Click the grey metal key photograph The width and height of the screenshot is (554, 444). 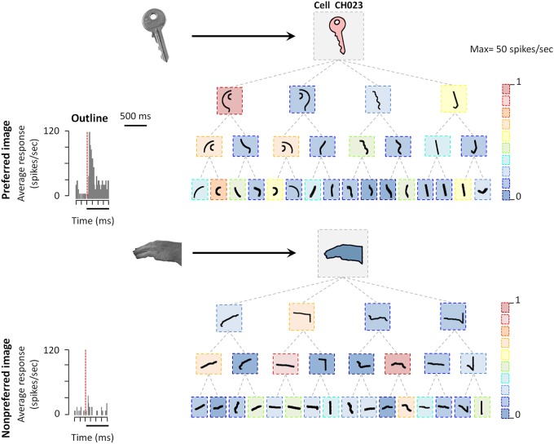[x=155, y=33]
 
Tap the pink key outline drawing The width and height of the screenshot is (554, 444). [x=339, y=36]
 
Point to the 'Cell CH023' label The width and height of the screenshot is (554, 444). [x=339, y=6]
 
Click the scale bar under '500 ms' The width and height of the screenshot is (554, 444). [x=134, y=125]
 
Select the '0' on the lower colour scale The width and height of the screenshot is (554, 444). [x=517, y=414]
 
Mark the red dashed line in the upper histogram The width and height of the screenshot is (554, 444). [x=87, y=163]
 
